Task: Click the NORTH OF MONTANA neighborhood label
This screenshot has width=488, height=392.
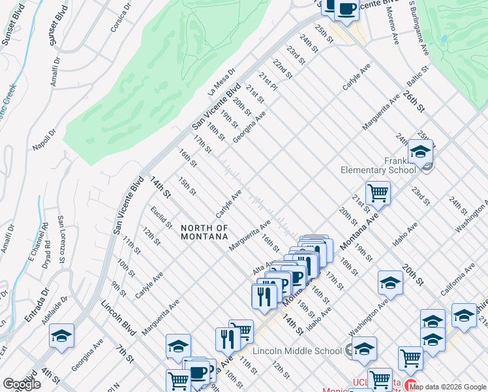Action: tap(205, 232)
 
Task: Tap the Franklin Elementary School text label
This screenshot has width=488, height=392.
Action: tap(378, 165)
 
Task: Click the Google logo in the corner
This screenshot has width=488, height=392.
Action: tap(22, 384)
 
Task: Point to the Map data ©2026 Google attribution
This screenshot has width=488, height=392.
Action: tap(447, 386)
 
